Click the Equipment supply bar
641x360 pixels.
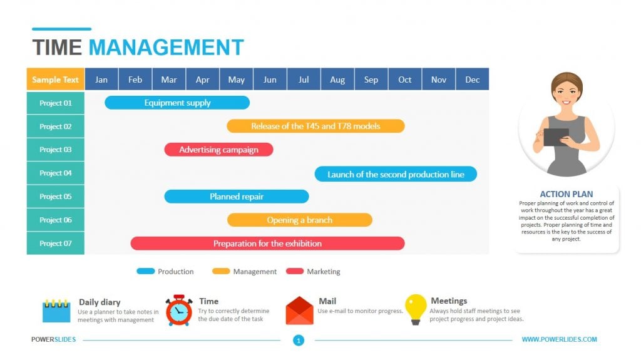[177, 103]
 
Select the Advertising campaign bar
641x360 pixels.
[218, 150]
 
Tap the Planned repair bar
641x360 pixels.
[236, 197]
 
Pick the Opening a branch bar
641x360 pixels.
[299, 220]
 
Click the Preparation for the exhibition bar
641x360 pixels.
[267, 244]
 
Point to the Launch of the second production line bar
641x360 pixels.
[396, 174]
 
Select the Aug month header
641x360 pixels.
[337, 80]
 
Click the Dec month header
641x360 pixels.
[473, 80]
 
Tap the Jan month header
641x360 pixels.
[101, 80]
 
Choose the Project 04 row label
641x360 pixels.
[56, 173]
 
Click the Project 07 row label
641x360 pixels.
[56, 244]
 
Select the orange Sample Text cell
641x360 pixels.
[56, 80]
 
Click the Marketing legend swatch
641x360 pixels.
[295, 272]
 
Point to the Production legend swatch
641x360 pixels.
[146, 272]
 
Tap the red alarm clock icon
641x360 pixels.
[179, 311]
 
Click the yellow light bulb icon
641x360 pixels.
[416, 309]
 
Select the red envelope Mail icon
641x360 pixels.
[299, 311]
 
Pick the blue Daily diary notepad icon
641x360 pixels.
[56, 311]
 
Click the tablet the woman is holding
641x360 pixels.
[556, 136]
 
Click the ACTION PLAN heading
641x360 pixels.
[567, 194]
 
